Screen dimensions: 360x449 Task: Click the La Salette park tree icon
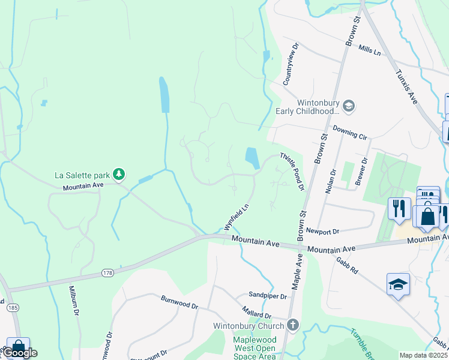(x=119, y=175)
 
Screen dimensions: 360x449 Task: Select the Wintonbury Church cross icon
(x=292, y=326)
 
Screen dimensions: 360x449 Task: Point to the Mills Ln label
(x=369, y=51)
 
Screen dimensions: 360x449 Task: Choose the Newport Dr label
(x=322, y=230)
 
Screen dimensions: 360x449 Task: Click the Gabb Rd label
(x=348, y=265)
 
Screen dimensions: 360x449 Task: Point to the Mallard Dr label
(x=256, y=314)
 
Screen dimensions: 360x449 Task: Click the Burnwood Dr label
(x=179, y=302)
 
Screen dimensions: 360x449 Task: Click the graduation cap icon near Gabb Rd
(x=399, y=284)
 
